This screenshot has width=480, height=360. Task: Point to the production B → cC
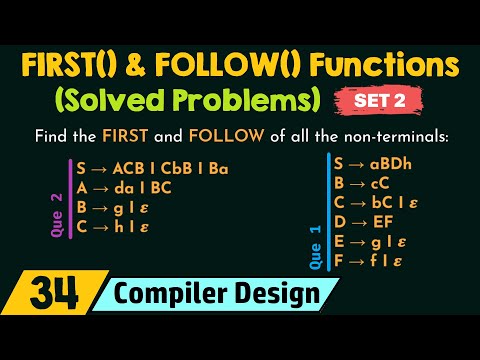[365, 184]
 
